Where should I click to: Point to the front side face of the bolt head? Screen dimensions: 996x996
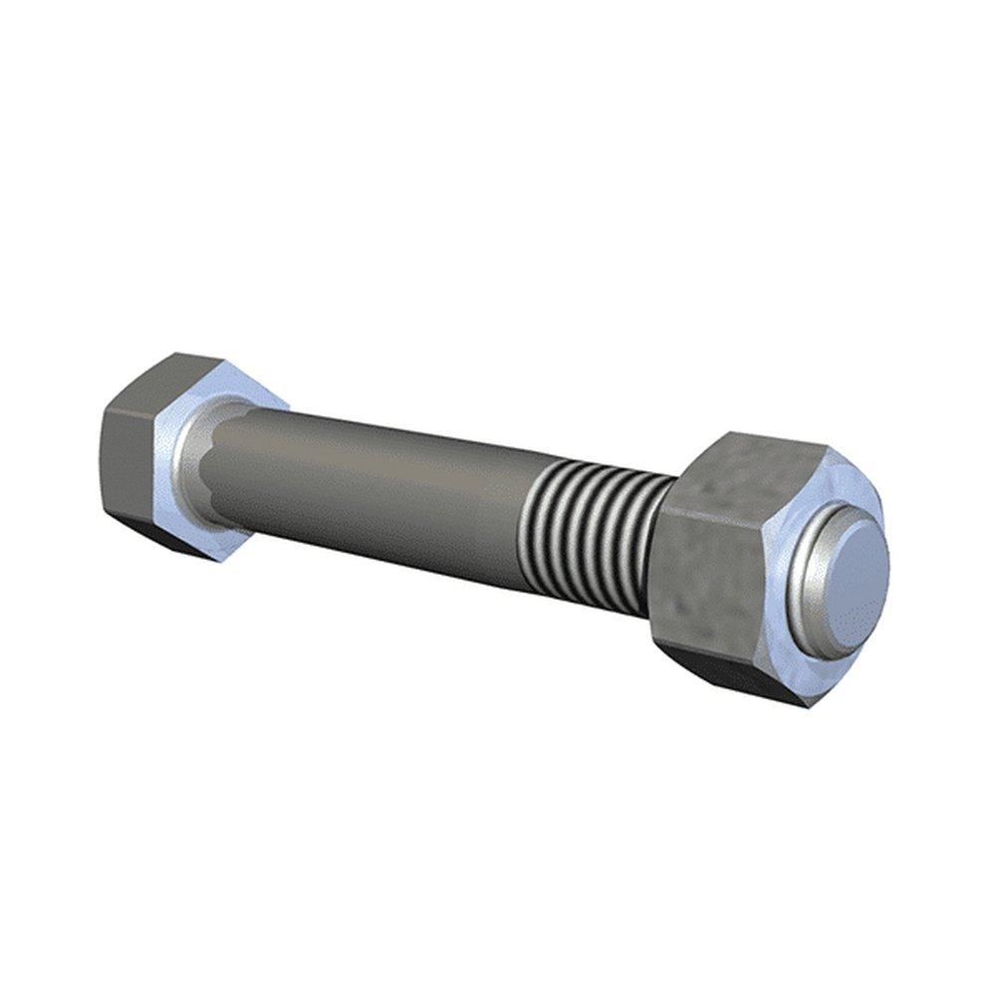[x=129, y=458]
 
